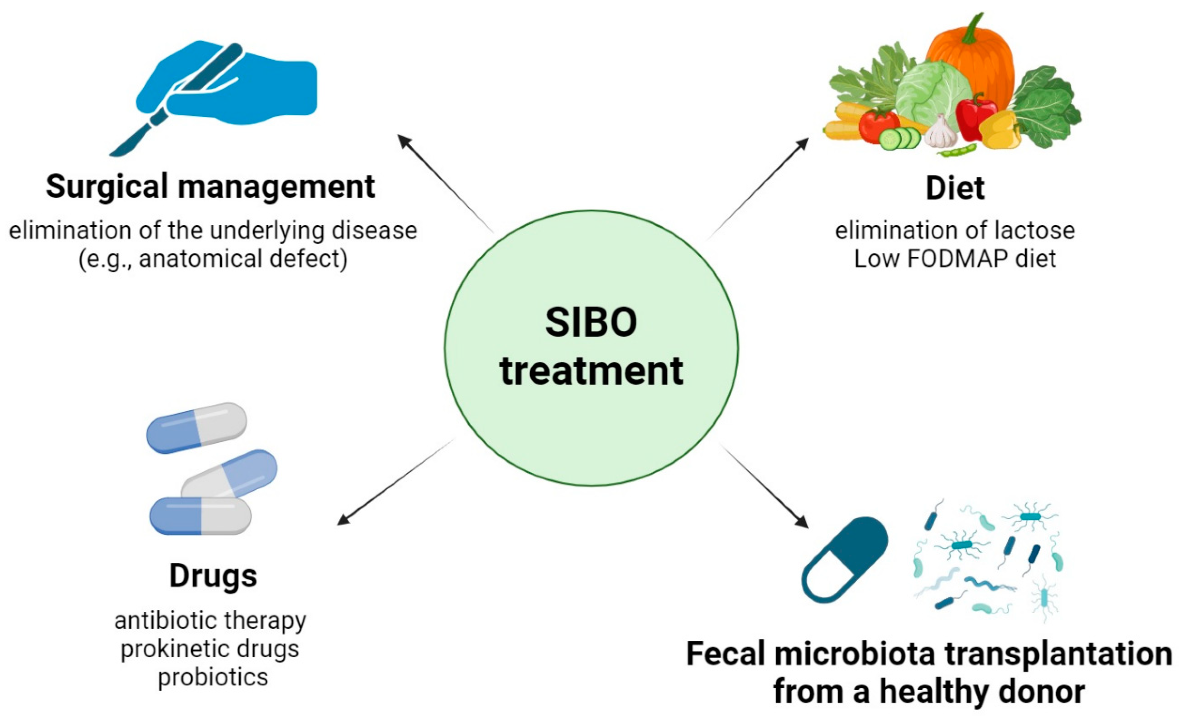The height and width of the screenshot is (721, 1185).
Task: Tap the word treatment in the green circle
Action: [591, 371]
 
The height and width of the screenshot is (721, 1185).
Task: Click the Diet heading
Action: [955, 188]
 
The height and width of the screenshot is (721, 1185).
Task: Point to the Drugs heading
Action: [213, 576]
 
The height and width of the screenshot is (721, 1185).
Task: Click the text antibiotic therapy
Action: [210, 620]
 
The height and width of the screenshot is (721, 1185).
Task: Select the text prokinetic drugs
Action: [210, 649]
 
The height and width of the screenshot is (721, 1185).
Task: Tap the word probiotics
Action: [213, 677]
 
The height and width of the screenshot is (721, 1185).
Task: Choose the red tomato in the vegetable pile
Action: [878, 126]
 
